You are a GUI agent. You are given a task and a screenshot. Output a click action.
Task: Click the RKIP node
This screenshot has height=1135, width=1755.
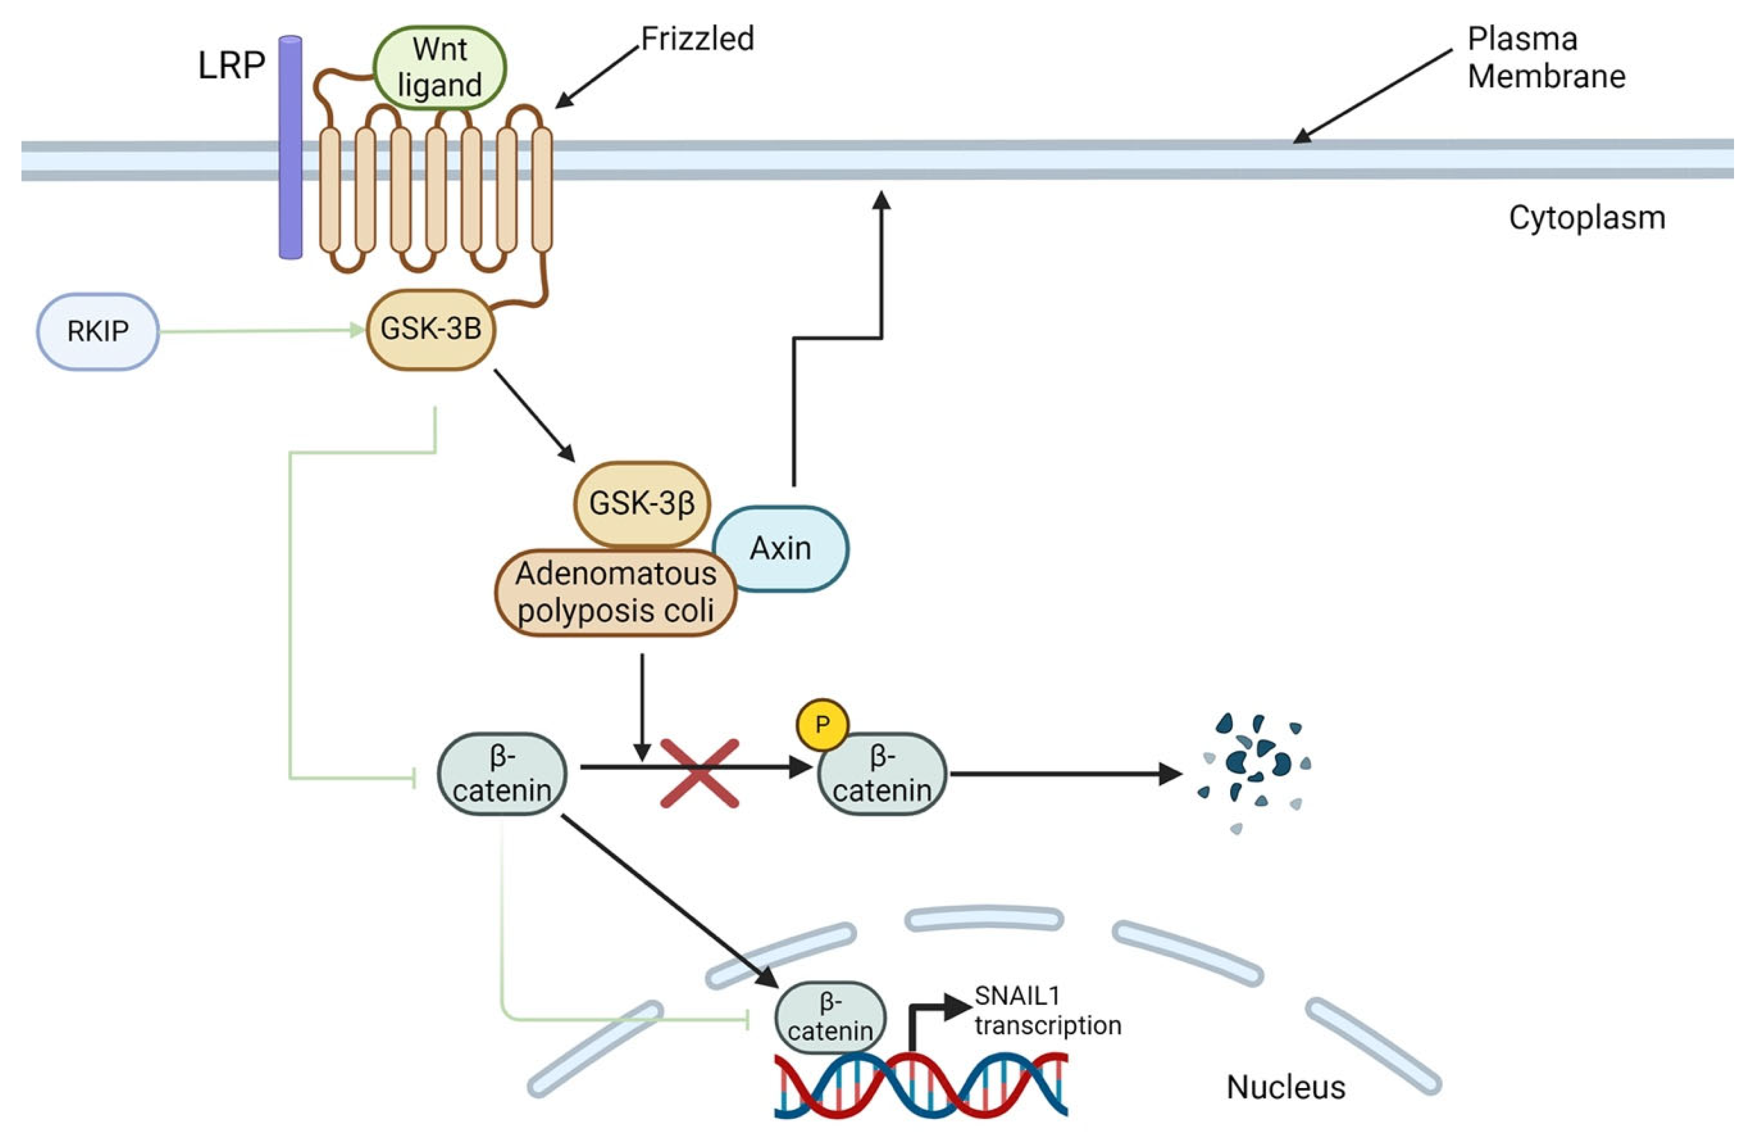[x=98, y=332]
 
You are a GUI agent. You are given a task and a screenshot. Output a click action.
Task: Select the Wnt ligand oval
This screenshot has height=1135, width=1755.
[x=440, y=68]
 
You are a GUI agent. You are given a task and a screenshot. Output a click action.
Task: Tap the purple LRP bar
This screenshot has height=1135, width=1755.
[x=290, y=147]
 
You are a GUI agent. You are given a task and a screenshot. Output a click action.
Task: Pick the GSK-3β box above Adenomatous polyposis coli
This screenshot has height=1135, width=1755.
[x=642, y=504]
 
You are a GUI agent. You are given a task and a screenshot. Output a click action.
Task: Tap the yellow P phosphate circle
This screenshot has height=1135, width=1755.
[x=823, y=725]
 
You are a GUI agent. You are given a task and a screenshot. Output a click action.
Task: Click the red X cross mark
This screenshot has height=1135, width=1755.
[x=700, y=773]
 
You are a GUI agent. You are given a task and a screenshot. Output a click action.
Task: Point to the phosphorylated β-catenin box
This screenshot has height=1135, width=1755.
[x=882, y=774]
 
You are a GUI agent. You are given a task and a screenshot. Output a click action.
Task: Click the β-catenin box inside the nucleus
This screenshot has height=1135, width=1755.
[x=831, y=1017]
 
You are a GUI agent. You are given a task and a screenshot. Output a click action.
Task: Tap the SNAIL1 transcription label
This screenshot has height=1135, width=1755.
[x=1047, y=1011]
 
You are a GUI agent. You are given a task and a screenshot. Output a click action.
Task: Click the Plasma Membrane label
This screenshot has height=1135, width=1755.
[x=1546, y=57]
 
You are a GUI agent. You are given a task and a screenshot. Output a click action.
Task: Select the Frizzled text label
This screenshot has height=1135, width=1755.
[x=697, y=38]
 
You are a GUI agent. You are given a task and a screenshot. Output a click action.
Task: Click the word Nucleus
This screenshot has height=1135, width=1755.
[x=1286, y=1087]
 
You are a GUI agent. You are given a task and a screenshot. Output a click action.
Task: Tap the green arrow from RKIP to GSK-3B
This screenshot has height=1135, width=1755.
[x=262, y=331]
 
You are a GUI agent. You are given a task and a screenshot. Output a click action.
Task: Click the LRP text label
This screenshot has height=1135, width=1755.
[x=231, y=65]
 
